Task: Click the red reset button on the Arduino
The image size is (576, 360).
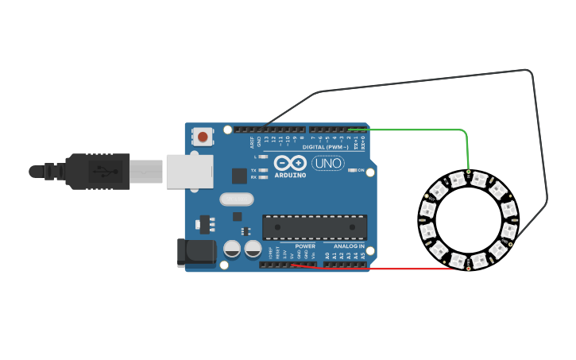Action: [203, 137]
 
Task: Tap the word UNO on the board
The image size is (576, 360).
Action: [327, 164]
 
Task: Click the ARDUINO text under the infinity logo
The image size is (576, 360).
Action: [290, 176]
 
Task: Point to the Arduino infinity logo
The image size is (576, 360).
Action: [290, 163]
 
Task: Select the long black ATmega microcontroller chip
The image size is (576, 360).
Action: [315, 227]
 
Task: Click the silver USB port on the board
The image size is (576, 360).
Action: [190, 171]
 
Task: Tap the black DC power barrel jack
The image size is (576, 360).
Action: [195, 252]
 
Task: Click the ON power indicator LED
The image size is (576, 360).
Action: [354, 171]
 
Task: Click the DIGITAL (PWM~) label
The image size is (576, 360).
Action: [325, 147]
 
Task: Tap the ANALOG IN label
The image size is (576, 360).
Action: [349, 246]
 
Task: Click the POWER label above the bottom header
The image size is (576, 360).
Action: [305, 246]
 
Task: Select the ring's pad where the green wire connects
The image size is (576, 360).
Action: [469, 172]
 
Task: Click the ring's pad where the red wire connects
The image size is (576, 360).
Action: [468, 269]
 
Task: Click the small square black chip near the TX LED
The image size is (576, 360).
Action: [238, 176]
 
